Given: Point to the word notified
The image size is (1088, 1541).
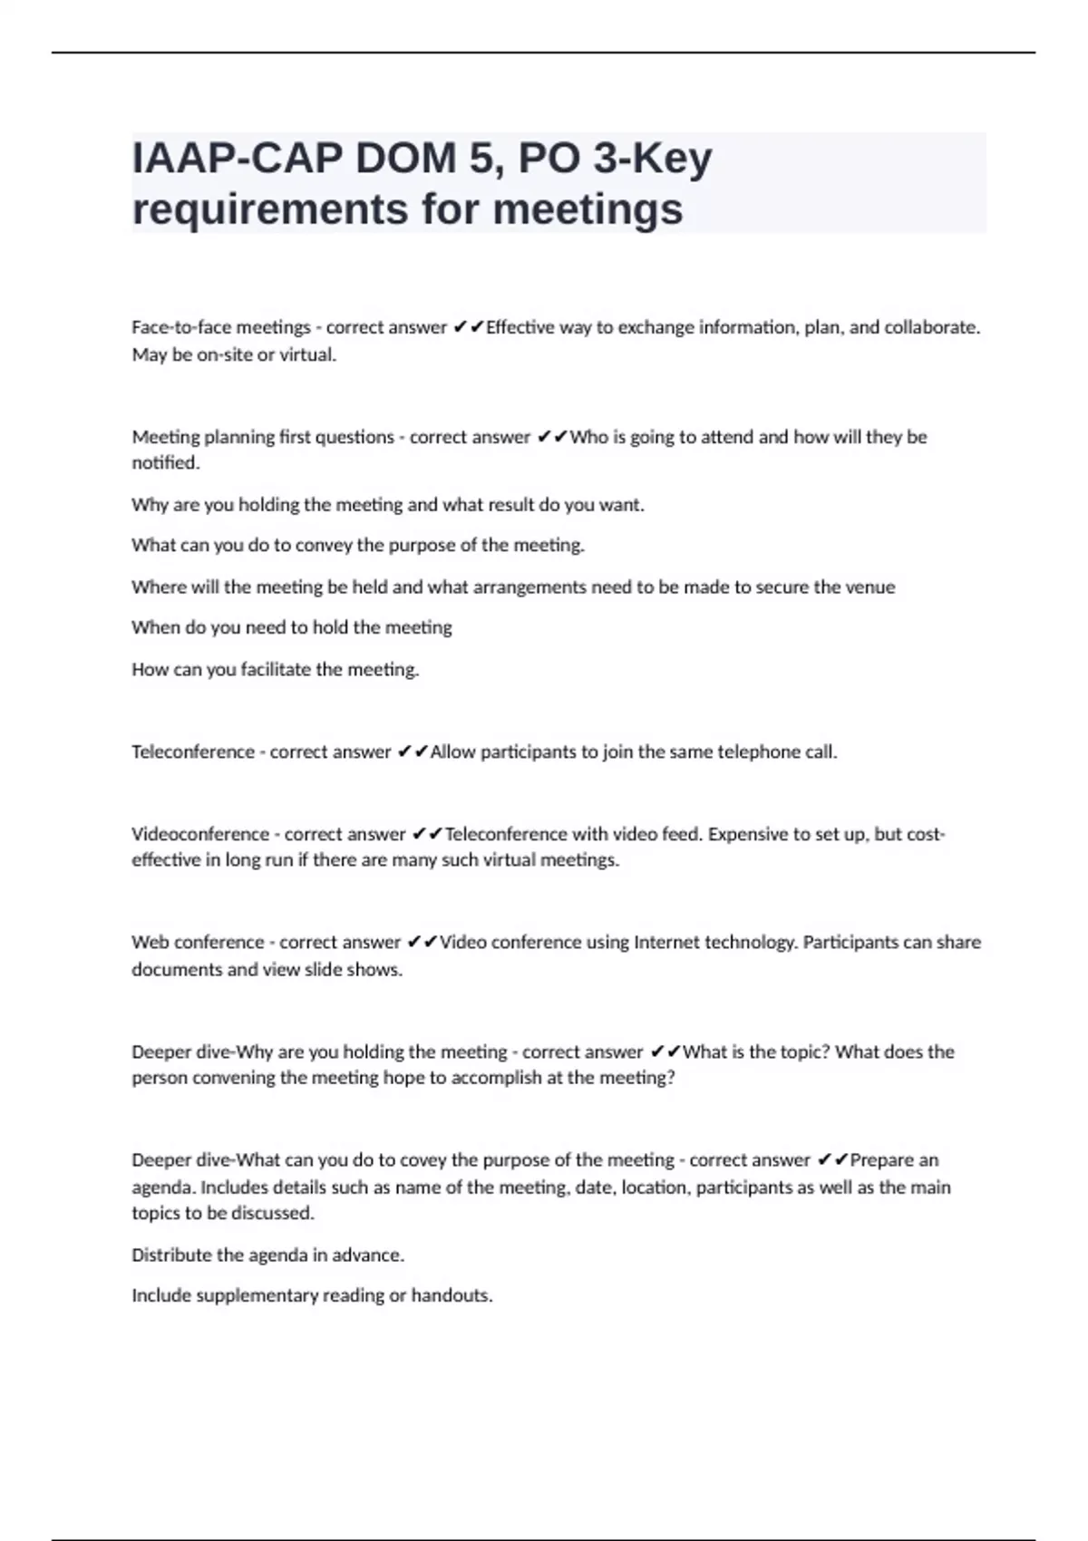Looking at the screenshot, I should (x=165, y=463).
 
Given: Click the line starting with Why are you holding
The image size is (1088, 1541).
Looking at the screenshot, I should (x=387, y=505).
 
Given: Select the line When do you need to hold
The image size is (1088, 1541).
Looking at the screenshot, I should (x=291, y=627).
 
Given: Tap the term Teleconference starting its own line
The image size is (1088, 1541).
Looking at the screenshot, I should (x=192, y=752).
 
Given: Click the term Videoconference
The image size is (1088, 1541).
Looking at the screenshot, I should (x=199, y=834).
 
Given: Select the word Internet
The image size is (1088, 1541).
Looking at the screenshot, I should (x=667, y=943).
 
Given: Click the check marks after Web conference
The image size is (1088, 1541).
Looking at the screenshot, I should (x=423, y=943).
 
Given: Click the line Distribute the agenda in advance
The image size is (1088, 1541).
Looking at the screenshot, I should (x=267, y=1255).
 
